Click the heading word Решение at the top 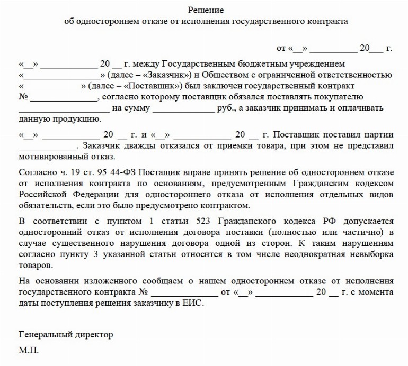[206, 10]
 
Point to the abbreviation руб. [225, 108]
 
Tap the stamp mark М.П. [29, 350]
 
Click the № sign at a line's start [23, 97]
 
